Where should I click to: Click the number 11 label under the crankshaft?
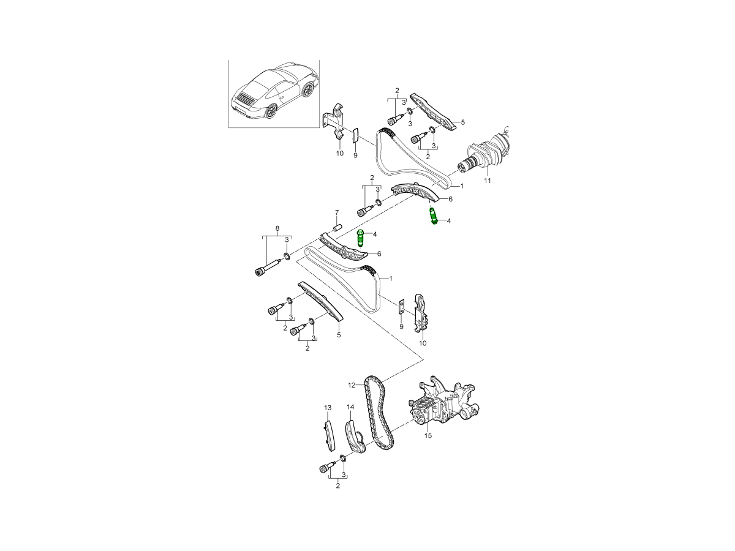[x=488, y=181]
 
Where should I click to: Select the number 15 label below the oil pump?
[x=428, y=436]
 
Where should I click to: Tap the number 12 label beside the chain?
[x=352, y=385]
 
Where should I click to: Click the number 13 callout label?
[x=327, y=408]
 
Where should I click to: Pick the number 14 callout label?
[x=350, y=407]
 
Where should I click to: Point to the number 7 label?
[x=336, y=212]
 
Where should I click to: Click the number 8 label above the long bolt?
[x=277, y=228]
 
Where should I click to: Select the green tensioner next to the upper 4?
[x=434, y=216]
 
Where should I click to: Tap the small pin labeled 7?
[x=336, y=226]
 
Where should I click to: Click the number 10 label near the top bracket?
[x=340, y=154]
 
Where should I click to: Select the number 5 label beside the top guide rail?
[x=462, y=122]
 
